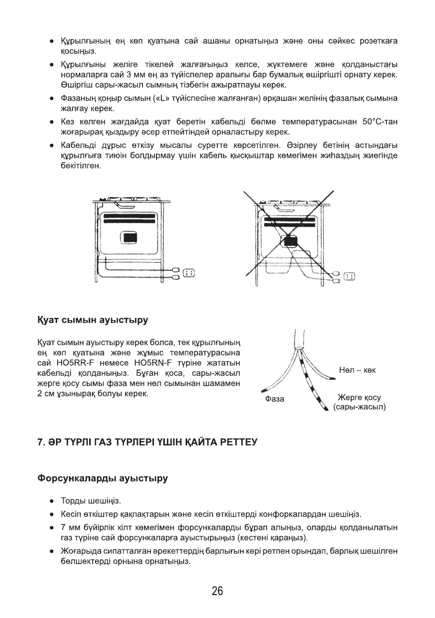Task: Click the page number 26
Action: click(217, 591)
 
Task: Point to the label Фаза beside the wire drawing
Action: click(274, 399)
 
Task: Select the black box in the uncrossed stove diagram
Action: click(130, 238)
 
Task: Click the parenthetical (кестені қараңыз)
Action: click(272, 537)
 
